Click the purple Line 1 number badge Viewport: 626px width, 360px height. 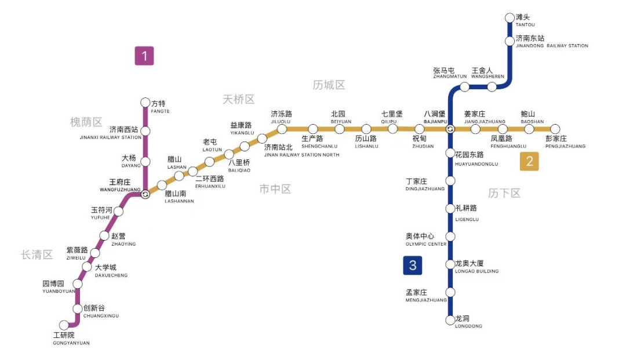tap(144, 56)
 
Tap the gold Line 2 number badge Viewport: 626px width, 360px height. tap(529, 162)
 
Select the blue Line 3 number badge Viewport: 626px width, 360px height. tap(413, 266)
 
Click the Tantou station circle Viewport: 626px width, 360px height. tap(509, 18)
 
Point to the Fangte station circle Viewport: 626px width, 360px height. tap(145, 103)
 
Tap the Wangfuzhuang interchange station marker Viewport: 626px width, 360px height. tap(145, 195)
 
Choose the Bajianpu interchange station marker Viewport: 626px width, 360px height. tap(450, 129)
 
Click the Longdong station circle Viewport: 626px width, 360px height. tap(450, 320)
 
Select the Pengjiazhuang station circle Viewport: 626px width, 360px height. tap(555, 129)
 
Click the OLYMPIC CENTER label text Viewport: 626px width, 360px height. tap(426, 244)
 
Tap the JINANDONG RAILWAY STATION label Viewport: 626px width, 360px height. tap(552, 46)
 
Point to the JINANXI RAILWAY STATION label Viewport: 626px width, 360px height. tap(111, 137)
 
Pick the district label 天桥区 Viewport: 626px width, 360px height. tap(238, 100)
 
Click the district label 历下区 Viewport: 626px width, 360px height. tap(504, 193)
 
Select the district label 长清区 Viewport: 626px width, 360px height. tap(37, 254)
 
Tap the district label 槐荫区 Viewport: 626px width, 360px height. tap(86, 122)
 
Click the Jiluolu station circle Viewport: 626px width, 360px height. tap(282, 129)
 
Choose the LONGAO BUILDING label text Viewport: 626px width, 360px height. tap(476, 271)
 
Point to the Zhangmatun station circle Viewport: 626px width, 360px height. tap(464, 87)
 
